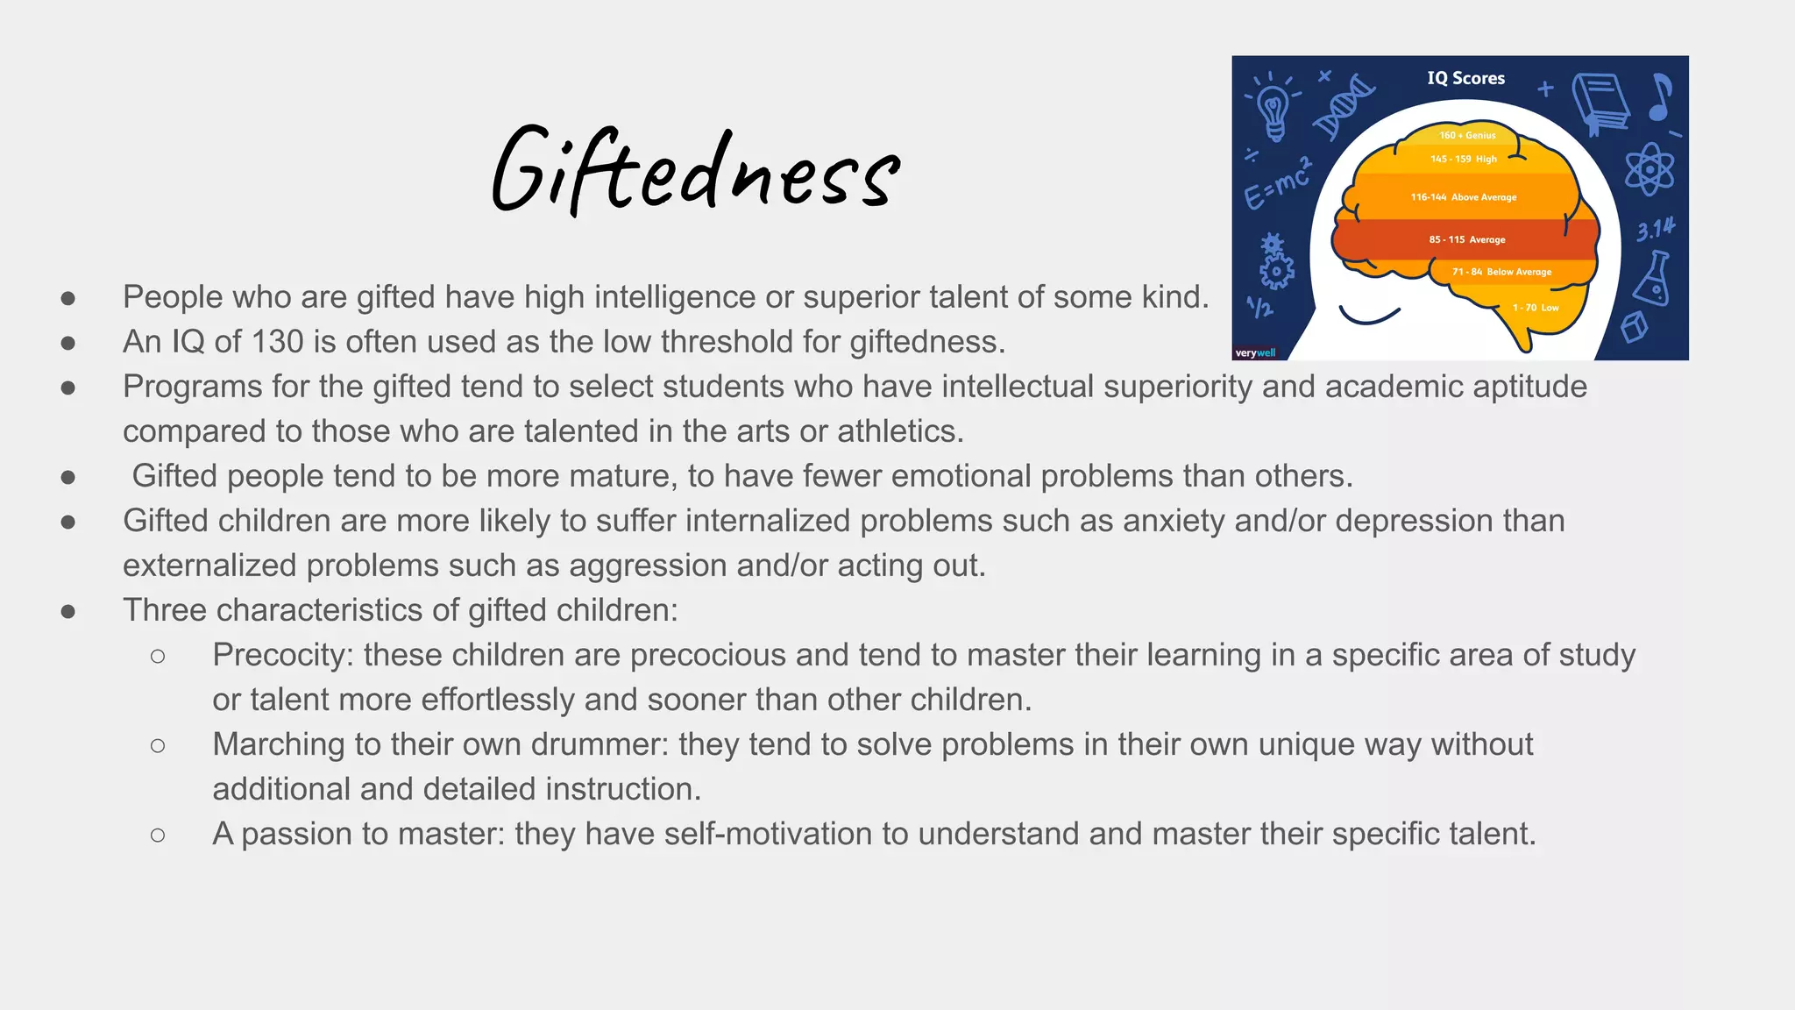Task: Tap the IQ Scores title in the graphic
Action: click(1465, 78)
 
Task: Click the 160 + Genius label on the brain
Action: click(1467, 135)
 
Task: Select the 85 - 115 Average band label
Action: click(1466, 239)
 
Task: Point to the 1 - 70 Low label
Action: click(1535, 308)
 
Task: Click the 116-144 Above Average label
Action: click(1463, 197)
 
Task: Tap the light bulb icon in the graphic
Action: click(1273, 110)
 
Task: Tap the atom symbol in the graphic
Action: click(1650, 168)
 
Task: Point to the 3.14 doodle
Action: click(1655, 230)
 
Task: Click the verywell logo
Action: click(1255, 353)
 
